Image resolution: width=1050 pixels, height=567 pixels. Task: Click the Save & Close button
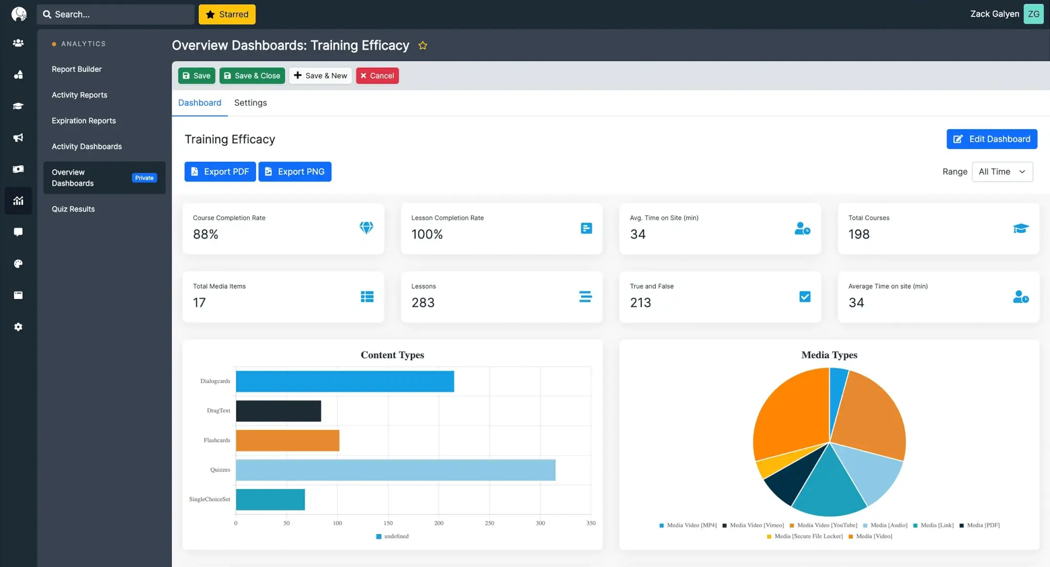pos(252,75)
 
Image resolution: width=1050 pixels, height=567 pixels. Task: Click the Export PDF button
pos(220,172)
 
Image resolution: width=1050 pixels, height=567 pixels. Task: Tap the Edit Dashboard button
pos(992,139)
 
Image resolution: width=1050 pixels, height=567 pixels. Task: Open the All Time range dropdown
pos(1002,172)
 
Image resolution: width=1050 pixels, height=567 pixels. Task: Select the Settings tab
pos(250,103)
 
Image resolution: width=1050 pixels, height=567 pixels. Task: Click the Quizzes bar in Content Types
pos(395,470)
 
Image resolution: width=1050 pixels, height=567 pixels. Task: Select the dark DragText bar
pos(278,411)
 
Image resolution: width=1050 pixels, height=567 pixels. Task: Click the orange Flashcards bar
pos(287,440)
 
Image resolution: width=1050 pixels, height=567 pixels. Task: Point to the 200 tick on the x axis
pos(439,523)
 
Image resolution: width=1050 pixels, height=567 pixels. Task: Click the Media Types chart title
pos(829,355)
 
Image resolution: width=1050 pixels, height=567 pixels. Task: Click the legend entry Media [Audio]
pos(888,525)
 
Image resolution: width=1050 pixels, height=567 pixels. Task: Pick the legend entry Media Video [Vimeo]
pos(756,525)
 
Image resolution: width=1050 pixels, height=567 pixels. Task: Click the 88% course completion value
pos(206,234)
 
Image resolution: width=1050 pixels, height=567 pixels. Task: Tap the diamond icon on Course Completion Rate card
pos(366,228)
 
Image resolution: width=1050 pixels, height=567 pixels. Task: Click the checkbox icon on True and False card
pos(805,296)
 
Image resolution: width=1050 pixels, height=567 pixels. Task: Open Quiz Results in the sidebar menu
pos(73,209)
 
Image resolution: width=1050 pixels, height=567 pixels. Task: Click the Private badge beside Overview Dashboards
pos(144,178)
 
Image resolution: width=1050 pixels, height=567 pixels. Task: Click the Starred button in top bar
pos(227,14)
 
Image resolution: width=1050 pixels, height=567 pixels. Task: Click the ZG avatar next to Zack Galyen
pos(1033,14)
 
